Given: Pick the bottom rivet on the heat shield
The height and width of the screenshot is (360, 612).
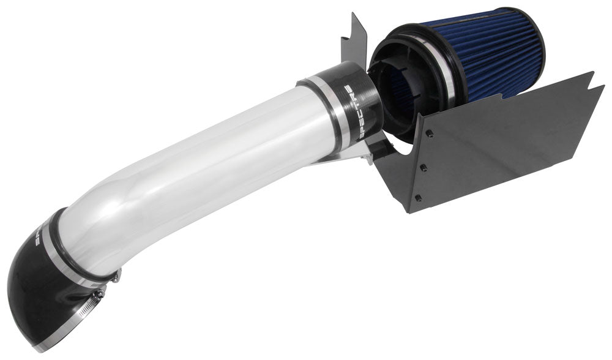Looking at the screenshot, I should point(417,197).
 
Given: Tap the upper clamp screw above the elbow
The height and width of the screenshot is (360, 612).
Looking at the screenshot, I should point(116,276).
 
